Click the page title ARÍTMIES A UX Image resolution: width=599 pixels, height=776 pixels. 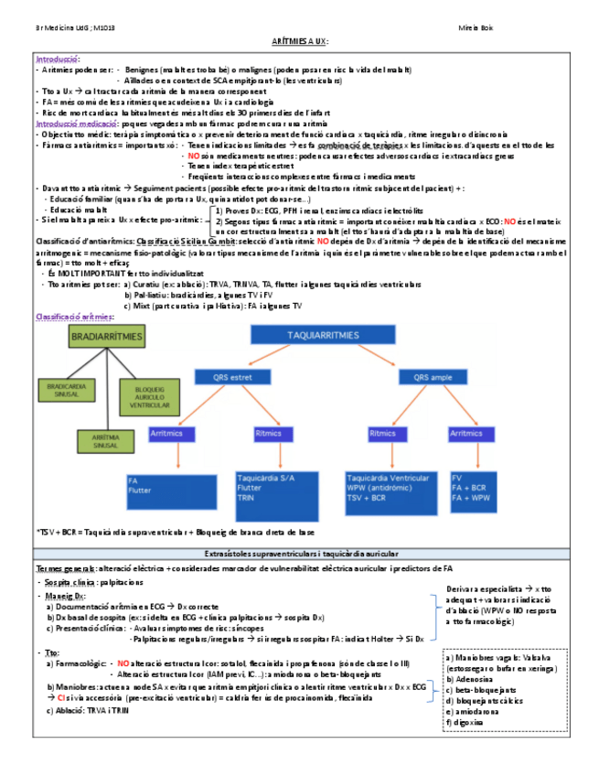click(299, 42)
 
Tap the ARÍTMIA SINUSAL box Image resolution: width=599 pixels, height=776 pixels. click(104, 440)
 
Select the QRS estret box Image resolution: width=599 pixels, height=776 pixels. click(225, 376)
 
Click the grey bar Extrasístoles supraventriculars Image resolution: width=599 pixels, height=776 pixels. click(299, 554)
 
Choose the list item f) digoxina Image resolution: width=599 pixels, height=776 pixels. click(469, 722)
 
